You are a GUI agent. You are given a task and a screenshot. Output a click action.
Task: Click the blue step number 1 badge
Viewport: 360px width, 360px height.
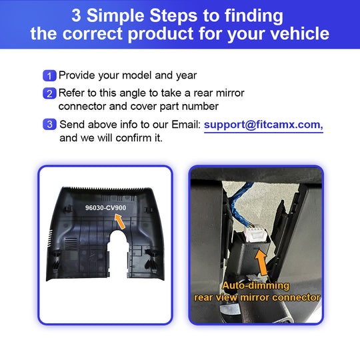tap(49, 75)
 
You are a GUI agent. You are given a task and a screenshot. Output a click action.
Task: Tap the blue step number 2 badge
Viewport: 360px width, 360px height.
tap(49, 93)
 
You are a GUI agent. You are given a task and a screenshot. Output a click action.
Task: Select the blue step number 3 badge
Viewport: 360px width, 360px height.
tap(49, 124)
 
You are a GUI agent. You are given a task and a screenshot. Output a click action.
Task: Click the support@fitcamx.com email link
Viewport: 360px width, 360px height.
tap(263, 125)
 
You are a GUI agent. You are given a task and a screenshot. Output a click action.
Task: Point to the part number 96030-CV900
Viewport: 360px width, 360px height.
tap(105, 208)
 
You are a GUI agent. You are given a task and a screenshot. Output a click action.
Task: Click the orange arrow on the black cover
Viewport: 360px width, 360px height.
tap(120, 221)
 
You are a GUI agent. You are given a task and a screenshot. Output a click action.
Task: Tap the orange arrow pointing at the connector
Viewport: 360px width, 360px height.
tap(261, 263)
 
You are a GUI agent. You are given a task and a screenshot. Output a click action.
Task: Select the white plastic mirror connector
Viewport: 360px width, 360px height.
tap(256, 233)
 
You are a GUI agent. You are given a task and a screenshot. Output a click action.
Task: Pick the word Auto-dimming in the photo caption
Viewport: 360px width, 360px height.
tap(255, 285)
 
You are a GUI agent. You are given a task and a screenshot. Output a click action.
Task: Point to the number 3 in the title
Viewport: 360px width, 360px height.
tap(76, 15)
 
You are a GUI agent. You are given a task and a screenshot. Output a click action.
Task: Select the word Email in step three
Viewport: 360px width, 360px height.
tap(186, 125)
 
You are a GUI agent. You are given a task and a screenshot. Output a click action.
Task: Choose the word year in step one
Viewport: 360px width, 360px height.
tap(187, 76)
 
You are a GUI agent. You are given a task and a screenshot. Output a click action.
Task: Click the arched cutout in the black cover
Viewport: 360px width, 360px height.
tap(118, 253)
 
